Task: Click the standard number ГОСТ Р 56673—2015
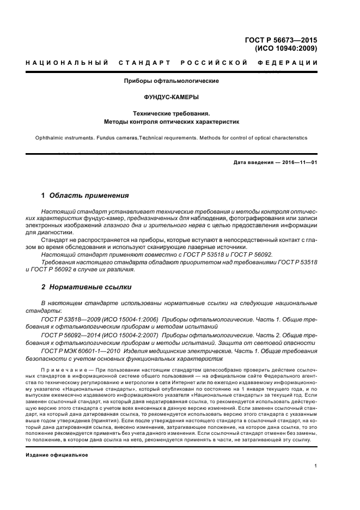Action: tap(282, 40)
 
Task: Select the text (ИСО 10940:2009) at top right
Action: tap(285, 48)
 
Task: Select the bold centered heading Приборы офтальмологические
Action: tap(172, 81)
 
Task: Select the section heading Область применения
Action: tap(89, 195)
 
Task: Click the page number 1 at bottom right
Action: tap(316, 466)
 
